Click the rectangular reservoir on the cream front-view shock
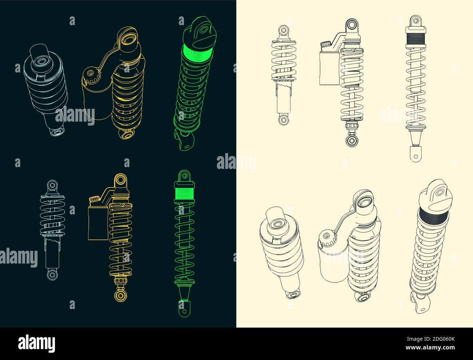pos(329,67)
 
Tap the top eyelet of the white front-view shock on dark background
pos(52,185)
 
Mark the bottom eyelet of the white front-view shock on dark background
pos(52,274)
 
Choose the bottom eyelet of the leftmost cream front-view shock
pos(283,119)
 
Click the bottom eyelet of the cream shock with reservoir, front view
pos(351,141)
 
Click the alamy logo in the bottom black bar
pos(37,343)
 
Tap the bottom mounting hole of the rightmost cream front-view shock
pos(415,156)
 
